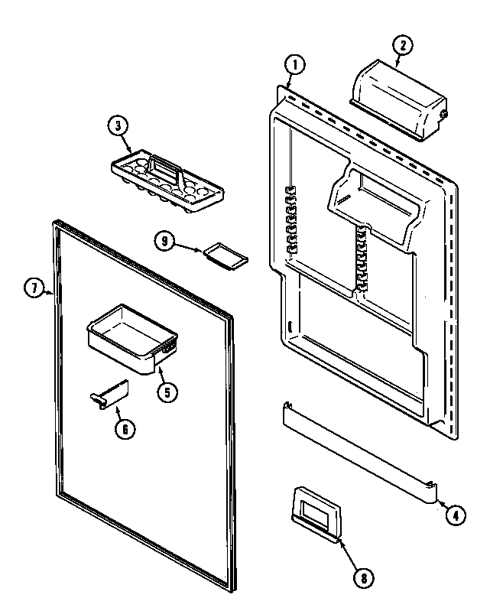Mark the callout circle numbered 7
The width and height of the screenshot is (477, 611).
[34, 288]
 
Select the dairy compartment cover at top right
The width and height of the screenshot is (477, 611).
[397, 101]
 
